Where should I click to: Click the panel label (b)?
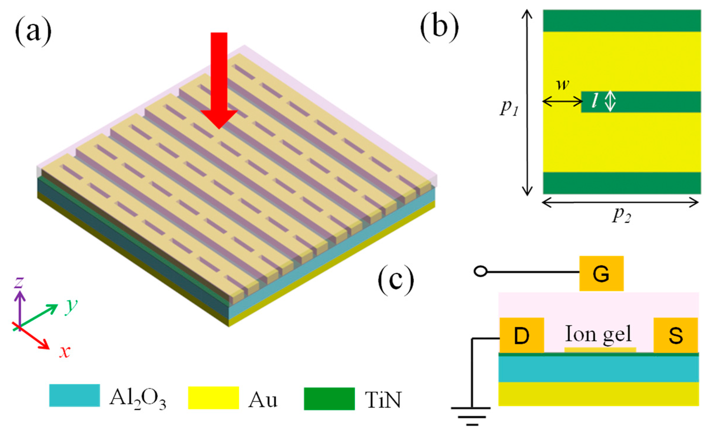(x=439, y=28)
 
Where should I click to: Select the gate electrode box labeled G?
(x=601, y=274)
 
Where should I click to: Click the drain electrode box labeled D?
(x=522, y=335)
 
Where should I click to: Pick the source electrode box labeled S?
(x=675, y=335)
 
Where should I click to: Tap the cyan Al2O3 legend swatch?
(x=74, y=395)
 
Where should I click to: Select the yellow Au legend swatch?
(x=213, y=398)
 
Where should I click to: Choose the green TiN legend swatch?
(x=329, y=399)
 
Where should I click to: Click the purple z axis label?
(x=19, y=283)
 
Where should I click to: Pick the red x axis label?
(x=65, y=352)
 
